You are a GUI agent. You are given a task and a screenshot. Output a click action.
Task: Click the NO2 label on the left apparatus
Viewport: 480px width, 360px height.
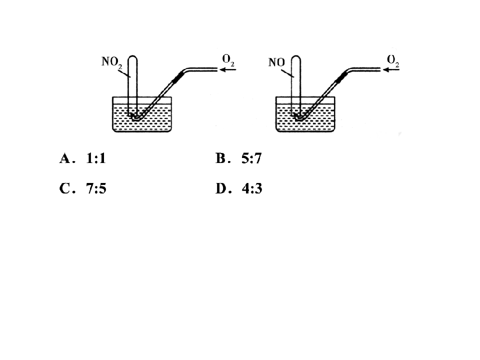click(x=111, y=62)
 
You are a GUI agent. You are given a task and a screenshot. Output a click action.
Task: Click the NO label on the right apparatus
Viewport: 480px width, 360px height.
click(x=276, y=62)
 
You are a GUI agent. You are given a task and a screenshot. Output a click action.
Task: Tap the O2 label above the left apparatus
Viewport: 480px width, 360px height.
click(x=228, y=60)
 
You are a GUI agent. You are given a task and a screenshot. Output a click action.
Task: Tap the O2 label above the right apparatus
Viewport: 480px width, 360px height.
click(x=393, y=60)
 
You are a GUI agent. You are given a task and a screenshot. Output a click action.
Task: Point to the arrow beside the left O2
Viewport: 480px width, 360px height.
click(x=228, y=70)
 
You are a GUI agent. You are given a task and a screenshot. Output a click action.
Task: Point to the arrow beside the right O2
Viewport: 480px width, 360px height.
click(x=391, y=70)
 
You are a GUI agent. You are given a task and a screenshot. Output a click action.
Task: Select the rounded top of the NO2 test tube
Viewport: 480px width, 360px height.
click(x=132, y=57)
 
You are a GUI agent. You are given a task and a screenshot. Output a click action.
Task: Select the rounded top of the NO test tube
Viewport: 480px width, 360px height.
click(x=295, y=57)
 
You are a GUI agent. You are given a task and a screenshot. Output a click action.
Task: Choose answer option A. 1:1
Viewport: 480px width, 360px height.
click(x=82, y=158)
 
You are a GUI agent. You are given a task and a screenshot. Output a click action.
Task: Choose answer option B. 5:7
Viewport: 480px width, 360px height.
click(x=238, y=158)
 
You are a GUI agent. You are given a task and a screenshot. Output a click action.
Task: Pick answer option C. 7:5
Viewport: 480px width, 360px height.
click(x=82, y=188)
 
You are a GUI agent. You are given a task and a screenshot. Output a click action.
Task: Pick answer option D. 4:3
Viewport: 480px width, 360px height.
click(x=239, y=188)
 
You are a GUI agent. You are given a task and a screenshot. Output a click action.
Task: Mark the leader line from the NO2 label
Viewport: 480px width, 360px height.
click(x=124, y=73)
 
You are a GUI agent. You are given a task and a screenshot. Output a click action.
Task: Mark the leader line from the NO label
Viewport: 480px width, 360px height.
click(x=287, y=73)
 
